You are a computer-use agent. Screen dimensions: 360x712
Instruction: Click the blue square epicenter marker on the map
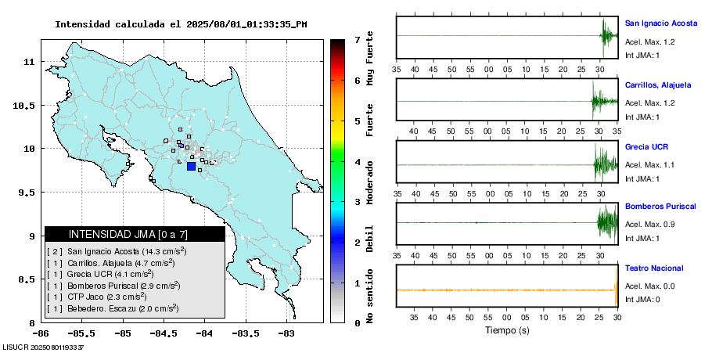click(191, 166)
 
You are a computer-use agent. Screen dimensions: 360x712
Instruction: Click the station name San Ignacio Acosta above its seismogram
click(660, 24)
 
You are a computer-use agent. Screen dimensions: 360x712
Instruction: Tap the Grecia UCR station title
click(646, 146)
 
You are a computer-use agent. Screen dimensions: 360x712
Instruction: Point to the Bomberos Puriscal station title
click(660, 207)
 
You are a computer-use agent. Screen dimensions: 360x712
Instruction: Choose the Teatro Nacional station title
click(653, 268)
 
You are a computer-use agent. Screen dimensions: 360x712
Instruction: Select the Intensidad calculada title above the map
click(181, 24)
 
